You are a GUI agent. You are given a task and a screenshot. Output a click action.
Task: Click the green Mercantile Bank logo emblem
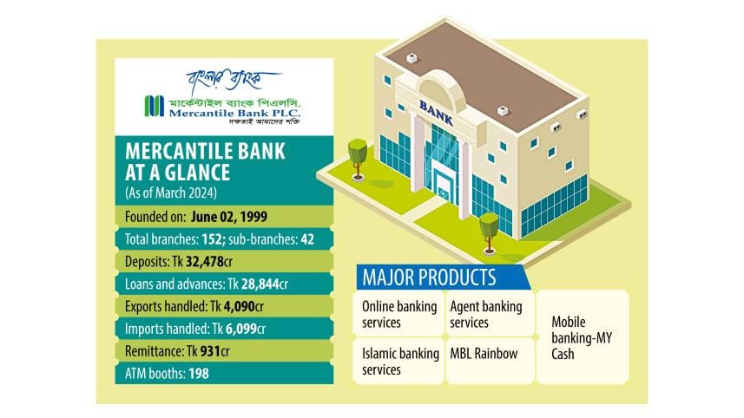(x=154, y=106)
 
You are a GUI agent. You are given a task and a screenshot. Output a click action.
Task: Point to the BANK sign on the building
(x=437, y=112)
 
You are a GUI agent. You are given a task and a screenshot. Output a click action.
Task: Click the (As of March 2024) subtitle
(x=173, y=193)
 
